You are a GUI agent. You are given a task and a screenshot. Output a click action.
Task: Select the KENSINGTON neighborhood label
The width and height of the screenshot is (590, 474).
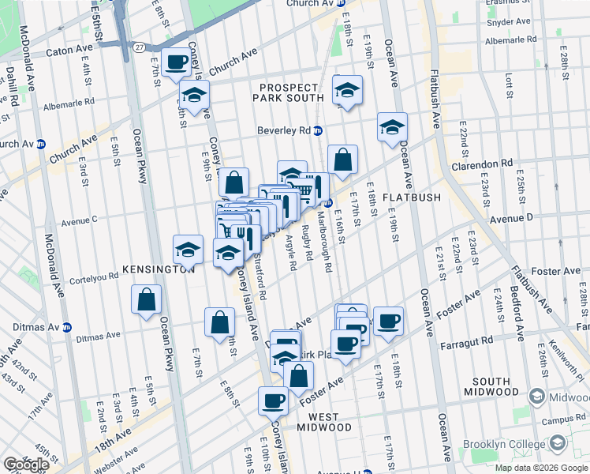158,269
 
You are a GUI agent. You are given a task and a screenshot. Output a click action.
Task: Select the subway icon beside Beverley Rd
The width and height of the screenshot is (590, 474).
318,130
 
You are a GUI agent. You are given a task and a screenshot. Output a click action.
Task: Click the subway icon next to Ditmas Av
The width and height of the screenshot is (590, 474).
68,326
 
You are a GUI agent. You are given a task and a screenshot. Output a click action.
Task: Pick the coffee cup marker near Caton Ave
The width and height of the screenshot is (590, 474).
176,62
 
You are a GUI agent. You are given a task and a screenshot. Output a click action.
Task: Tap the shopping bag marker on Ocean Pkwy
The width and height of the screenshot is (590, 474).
147,299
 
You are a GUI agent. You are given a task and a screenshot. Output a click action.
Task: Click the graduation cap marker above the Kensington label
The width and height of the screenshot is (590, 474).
188,250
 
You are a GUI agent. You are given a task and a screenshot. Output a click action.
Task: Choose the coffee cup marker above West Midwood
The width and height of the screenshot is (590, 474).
273,401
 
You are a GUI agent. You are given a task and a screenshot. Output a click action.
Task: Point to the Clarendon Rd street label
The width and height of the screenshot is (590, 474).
482,164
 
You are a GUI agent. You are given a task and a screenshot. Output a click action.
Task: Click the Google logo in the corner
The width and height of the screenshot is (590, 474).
26,464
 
